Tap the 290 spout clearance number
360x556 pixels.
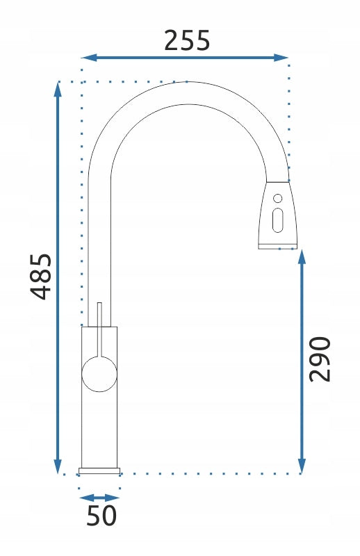pos(319,359)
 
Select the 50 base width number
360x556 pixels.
pos(101,516)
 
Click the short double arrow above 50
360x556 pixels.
pos(99,498)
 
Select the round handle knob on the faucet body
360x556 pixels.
pos(99,375)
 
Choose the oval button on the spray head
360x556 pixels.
pos(278,220)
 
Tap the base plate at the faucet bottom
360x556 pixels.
pos(99,471)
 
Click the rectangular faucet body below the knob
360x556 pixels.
pos(99,431)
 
